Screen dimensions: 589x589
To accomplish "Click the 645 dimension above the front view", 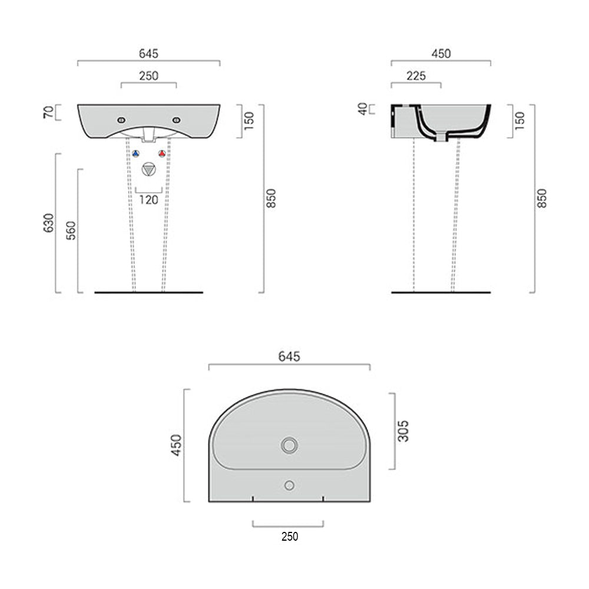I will [x=148, y=54].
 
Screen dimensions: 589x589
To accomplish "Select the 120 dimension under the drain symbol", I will [x=148, y=200].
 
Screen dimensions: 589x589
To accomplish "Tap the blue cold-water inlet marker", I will [x=135, y=154].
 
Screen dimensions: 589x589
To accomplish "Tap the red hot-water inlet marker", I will [x=162, y=154].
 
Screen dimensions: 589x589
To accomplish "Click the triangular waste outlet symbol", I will [x=148, y=170].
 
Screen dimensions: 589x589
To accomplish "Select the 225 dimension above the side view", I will [x=416, y=75].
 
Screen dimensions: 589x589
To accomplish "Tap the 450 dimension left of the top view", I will [x=176, y=445].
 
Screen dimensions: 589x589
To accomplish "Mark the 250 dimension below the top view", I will [x=289, y=537].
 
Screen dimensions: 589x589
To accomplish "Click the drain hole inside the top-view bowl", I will [x=289, y=445].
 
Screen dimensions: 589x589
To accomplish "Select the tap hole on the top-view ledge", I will [x=289, y=485].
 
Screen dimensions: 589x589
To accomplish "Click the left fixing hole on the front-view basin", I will [x=121, y=120].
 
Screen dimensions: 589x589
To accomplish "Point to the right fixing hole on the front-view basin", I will [x=176, y=120].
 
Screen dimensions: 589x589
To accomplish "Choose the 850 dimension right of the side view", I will [x=542, y=198].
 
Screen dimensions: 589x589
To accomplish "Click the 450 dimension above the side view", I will [x=441, y=54].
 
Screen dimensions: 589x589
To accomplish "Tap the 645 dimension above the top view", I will [x=289, y=356].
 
